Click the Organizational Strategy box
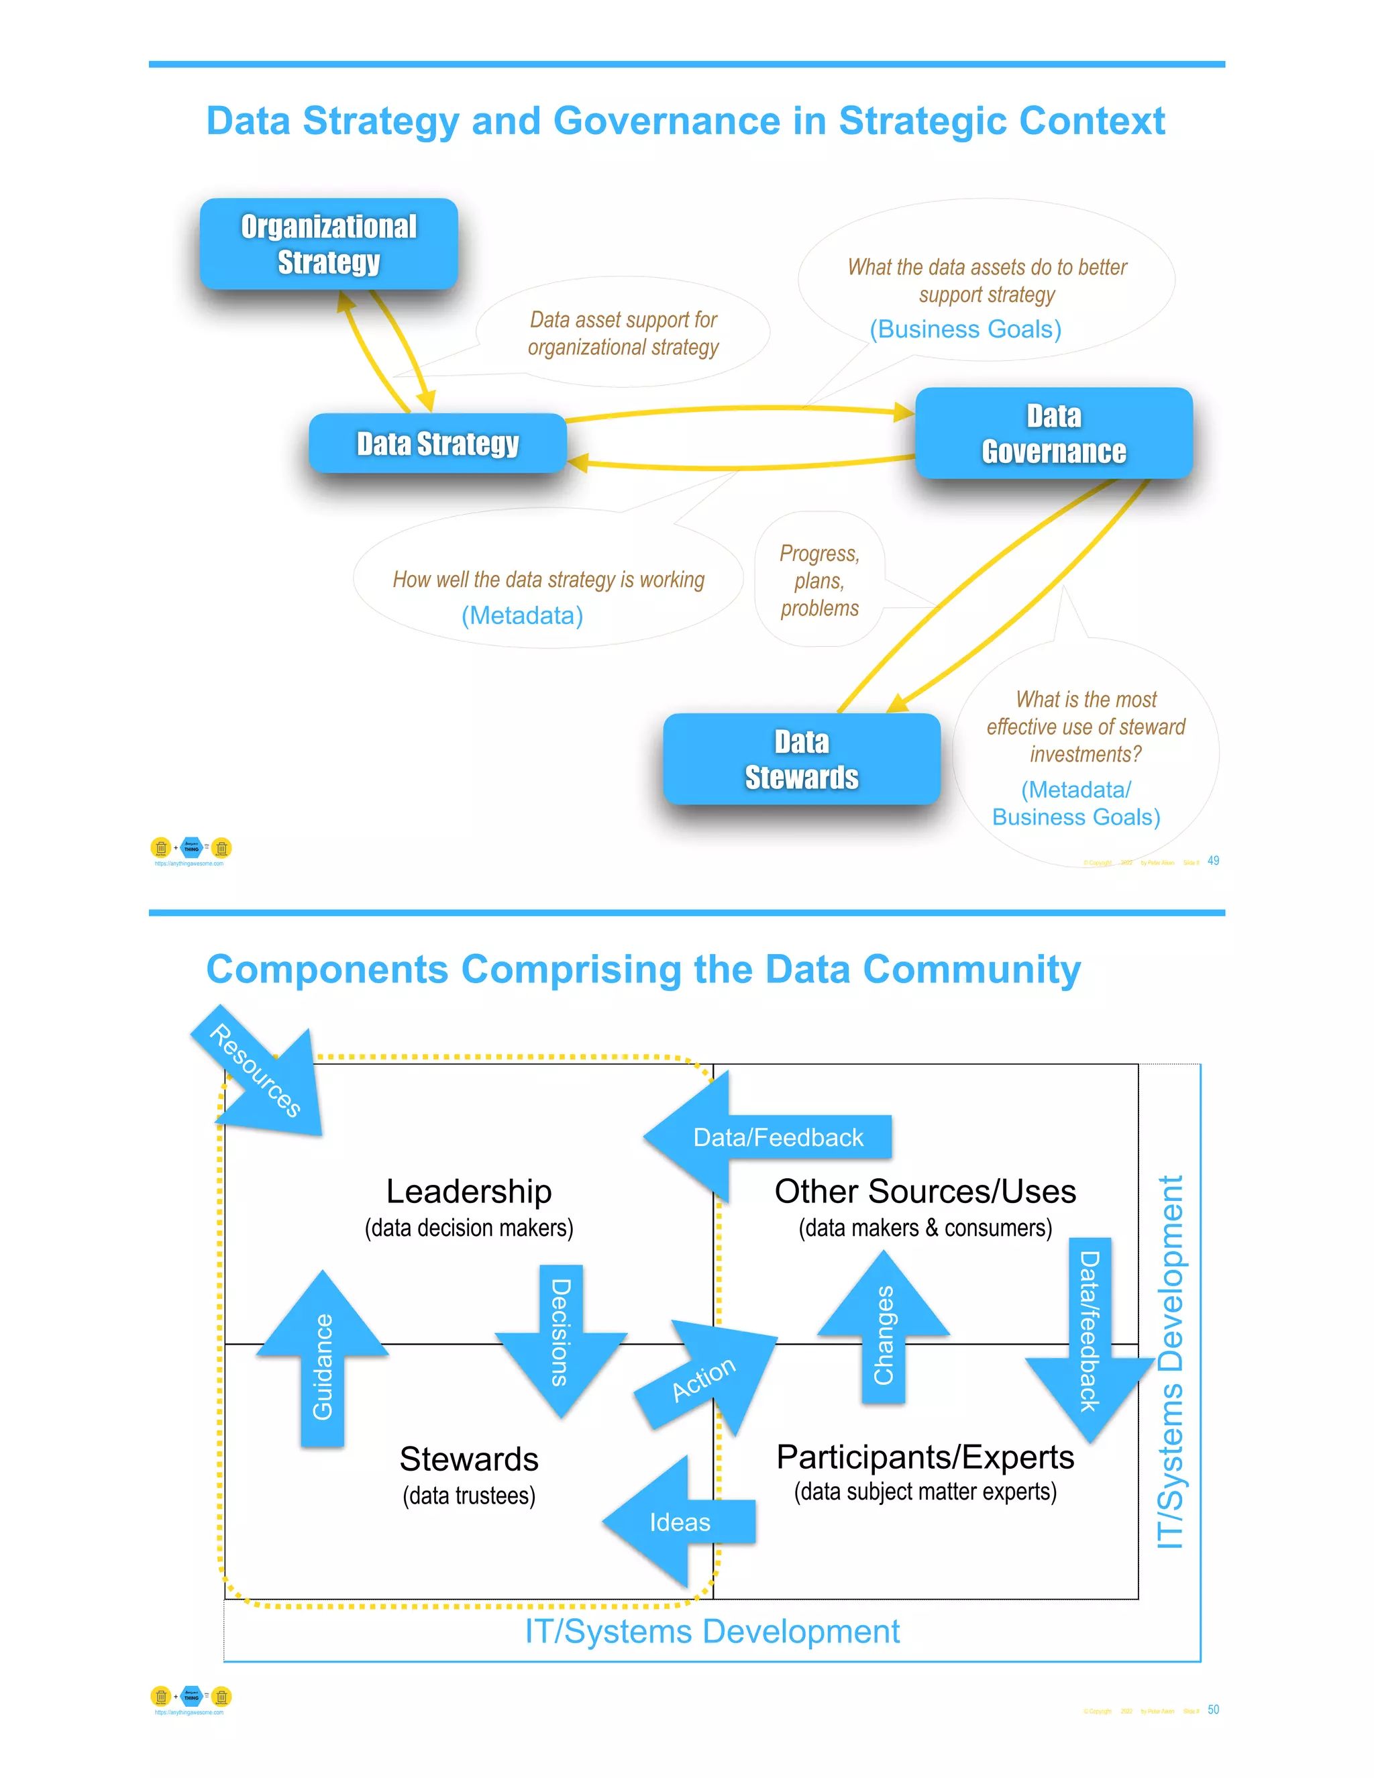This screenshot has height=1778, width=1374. point(329,244)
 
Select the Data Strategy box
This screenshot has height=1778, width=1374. point(437,443)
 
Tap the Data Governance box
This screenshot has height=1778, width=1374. point(1053,433)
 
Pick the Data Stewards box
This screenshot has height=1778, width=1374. point(801,760)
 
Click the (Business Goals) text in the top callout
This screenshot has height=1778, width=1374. point(965,329)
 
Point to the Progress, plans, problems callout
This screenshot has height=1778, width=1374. point(819,580)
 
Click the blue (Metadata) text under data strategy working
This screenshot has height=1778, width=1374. point(522,615)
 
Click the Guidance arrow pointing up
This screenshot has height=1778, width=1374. point(322,1363)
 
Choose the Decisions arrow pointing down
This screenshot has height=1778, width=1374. point(561,1335)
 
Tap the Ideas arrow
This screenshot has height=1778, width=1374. point(680,1522)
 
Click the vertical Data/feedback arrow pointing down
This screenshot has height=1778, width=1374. point(1089,1335)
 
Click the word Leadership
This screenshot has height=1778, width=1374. point(469,1191)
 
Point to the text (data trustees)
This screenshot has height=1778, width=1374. point(469,1496)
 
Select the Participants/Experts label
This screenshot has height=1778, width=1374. point(924,1457)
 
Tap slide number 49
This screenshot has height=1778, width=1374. point(1213,861)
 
